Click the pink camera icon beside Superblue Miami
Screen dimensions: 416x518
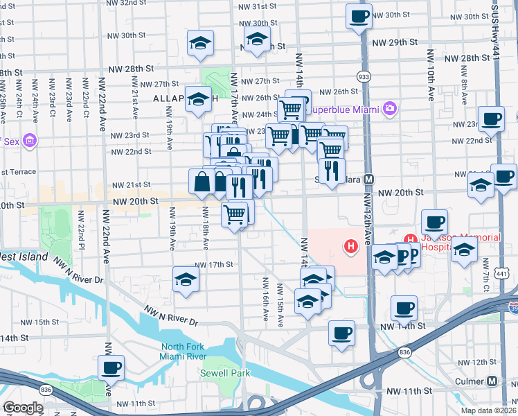(390, 108)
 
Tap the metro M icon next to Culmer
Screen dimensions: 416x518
(492, 381)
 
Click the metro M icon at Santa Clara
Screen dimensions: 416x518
(369, 178)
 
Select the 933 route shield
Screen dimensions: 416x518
(362, 75)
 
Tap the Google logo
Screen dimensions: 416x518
(23, 408)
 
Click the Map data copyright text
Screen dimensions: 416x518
(488, 410)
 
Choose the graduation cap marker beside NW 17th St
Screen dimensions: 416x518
(186, 279)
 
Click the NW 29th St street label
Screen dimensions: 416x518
(395, 42)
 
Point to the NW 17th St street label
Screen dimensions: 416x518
(213, 265)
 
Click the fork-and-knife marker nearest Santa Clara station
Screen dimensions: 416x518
(331, 171)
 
